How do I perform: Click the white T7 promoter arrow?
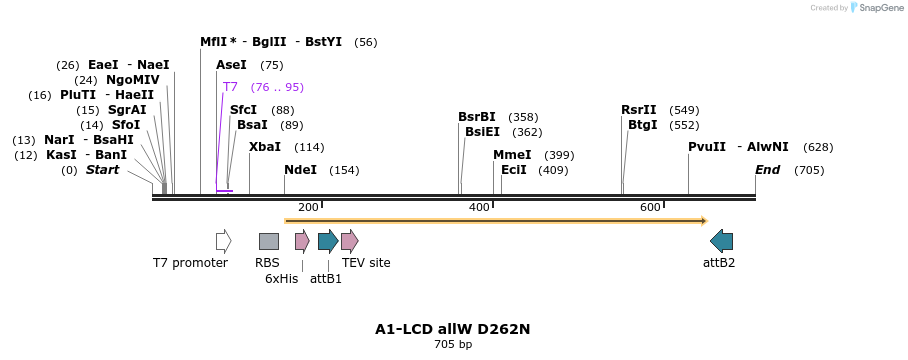(x=223, y=241)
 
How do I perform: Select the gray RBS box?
(x=269, y=241)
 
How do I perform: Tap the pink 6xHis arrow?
(x=302, y=241)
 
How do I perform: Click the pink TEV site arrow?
(x=349, y=241)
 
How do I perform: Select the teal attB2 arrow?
(x=721, y=241)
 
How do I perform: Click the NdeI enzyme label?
(x=300, y=170)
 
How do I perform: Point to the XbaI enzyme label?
(x=265, y=147)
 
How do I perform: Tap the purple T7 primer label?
(x=230, y=87)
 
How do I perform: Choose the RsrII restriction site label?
(x=639, y=110)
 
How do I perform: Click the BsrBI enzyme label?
(x=477, y=117)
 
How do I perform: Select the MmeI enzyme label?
(x=512, y=155)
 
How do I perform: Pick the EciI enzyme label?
(x=514, y=170)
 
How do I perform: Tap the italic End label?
(x=767, y=170)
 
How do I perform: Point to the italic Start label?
(x=102, y=170)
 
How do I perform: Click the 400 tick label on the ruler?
(x=479, y=207)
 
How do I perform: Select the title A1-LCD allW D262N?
(x=452, y=329)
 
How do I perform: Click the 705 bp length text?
(x=453, y=344)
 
